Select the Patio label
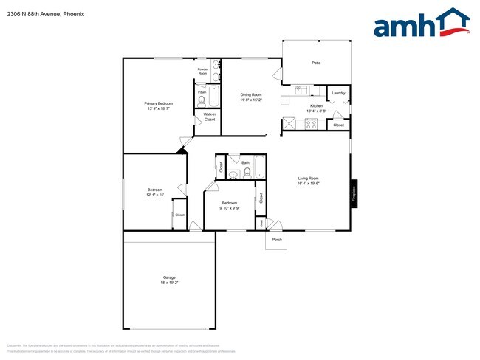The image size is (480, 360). [315, 63]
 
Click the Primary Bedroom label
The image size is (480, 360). [158, 103]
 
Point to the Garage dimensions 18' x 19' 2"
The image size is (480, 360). [169, 283]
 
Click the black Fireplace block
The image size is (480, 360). [354, 193]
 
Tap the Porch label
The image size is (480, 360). [277, 240]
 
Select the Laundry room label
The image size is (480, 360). [338, 93]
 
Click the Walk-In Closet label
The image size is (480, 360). [209, 117]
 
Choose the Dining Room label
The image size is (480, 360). [251, 94]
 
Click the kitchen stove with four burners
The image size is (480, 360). [312, 124]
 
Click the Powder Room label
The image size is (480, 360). [202, 72]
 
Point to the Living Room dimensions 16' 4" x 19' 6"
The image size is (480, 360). [308, 183]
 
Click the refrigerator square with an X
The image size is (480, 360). [289, 124]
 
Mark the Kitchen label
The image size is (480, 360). [316, 106]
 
